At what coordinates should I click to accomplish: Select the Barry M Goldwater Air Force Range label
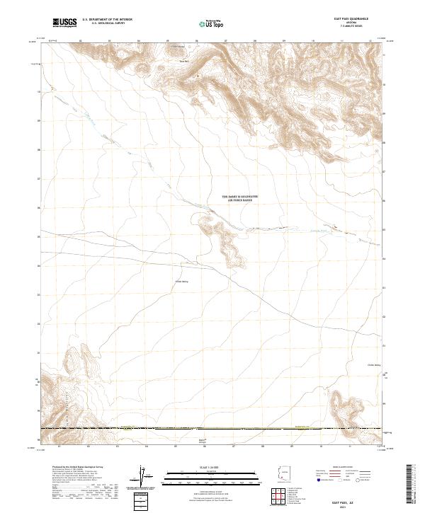[x=240, y=199]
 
